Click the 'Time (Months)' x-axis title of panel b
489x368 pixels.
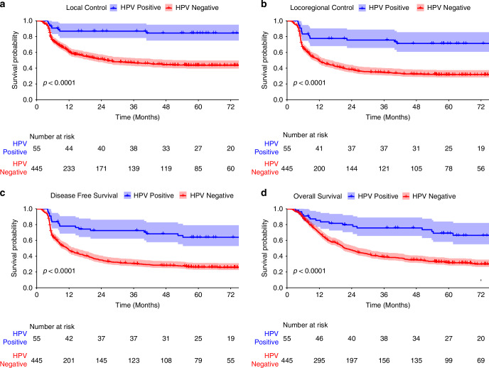(x=384, y=117)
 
